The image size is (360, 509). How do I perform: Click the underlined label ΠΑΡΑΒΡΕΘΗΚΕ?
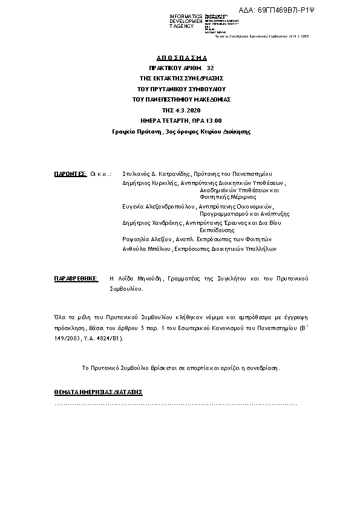coord(76,280)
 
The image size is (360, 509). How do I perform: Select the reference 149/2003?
coord(71,339)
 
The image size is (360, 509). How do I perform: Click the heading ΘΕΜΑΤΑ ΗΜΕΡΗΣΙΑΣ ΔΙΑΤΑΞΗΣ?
coord(98,392)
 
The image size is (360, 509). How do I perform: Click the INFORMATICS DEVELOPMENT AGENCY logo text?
coord(186,21)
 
